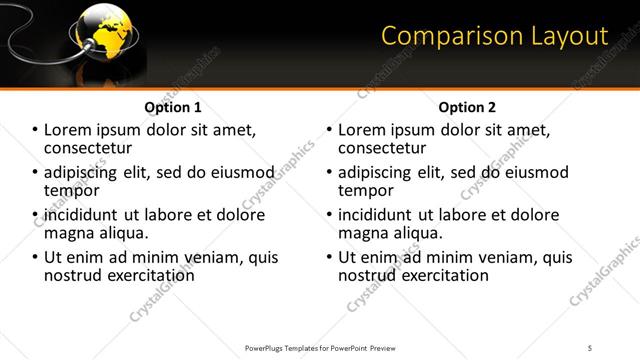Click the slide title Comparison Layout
495,37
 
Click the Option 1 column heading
173,106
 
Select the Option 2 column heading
466,106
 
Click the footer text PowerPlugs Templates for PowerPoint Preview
320,348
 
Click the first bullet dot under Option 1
36,131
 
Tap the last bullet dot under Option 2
329,258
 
